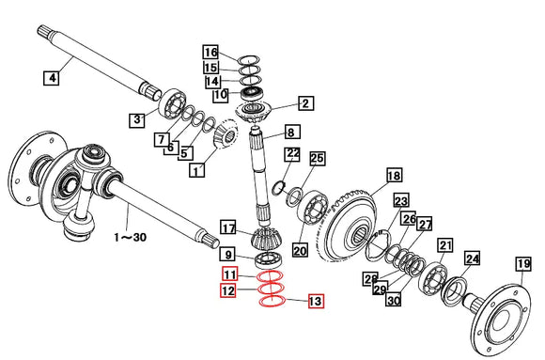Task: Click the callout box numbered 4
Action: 52,78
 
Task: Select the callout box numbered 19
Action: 523,264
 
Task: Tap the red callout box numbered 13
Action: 316,301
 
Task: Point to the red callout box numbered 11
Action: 230,274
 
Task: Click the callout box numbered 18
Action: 395,176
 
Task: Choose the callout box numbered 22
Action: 292,154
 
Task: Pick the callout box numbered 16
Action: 210,53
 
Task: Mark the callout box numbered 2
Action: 305,103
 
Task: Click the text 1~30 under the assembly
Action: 130,238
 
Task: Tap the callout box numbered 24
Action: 472,258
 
